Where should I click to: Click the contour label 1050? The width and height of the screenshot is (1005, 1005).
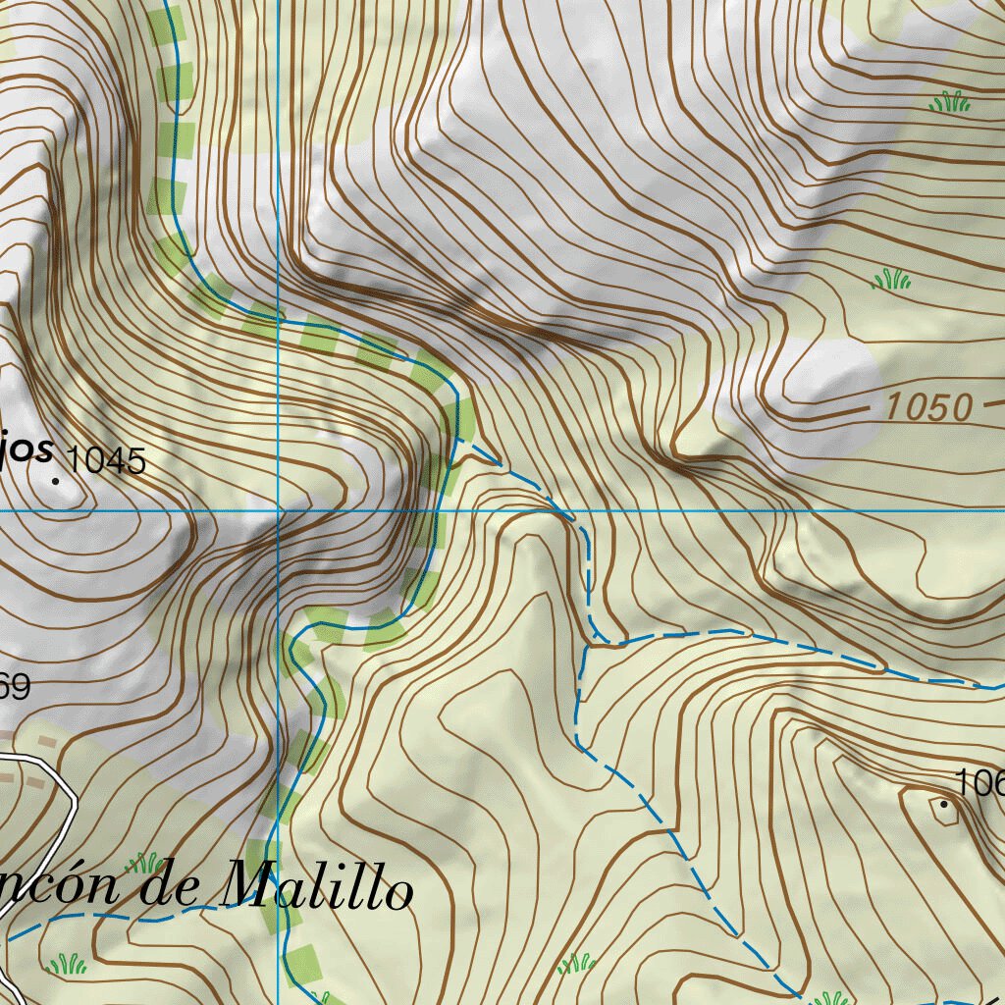[x=928, y=406]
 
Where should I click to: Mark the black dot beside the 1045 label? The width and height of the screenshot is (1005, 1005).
[x=56, y=480]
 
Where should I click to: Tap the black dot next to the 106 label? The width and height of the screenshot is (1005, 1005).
[x=945, y=804]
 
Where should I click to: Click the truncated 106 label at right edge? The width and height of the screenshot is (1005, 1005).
[x=980, y=782]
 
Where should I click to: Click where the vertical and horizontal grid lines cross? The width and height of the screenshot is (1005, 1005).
[x=279, y=511]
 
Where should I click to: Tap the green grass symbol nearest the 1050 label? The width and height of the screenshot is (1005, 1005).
[x=891, y=280]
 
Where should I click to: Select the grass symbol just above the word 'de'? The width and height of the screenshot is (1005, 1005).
[x=145, y=863]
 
